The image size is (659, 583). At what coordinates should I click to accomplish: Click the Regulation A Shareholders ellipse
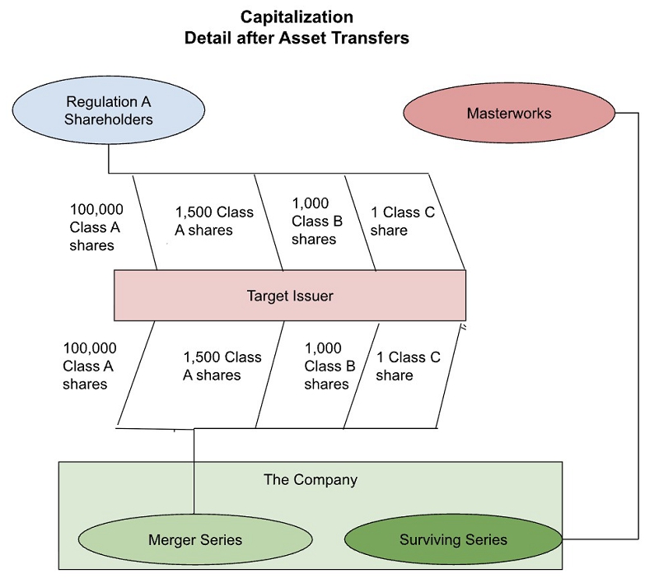point(110,110)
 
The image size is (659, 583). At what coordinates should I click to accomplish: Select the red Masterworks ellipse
point(509,113)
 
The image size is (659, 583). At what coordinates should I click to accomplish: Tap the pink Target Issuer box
point(290,295)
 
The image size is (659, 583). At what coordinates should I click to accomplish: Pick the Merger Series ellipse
point(195,539)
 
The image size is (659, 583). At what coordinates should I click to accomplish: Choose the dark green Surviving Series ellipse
point(453,539)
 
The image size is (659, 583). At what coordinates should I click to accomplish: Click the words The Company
point(311,479)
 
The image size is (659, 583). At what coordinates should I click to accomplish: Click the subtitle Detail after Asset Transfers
point(297,38)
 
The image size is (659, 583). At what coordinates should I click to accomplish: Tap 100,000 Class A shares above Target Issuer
point(91,226)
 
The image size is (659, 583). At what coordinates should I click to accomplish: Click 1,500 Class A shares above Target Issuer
point(214,222)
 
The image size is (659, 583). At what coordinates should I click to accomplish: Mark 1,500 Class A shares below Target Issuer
point(222,366)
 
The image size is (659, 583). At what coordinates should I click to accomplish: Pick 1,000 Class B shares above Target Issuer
point(314,221)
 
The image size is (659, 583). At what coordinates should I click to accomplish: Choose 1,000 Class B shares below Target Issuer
point(329,366)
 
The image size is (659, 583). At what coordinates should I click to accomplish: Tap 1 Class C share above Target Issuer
point(402,222)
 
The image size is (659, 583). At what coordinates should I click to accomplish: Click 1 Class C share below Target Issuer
point(409,366)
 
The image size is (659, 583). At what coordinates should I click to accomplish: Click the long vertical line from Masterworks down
point(638,329)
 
